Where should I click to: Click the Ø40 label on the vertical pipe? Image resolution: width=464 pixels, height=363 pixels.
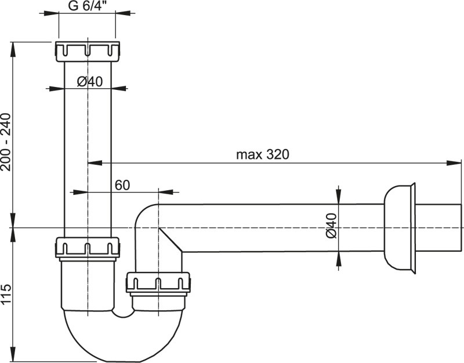[89, 82]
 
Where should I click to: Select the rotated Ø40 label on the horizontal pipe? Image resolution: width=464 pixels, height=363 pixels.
[331, 227]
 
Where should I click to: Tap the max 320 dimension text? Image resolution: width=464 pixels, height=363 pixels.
[262, 155]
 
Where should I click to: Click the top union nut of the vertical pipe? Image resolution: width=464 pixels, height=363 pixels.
[88, 51]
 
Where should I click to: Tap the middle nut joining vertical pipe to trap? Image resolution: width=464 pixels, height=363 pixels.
[88, 248]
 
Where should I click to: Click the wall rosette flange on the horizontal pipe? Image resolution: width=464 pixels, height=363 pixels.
[400, 227]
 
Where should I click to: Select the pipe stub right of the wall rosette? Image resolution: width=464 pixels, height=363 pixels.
[440, 227]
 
